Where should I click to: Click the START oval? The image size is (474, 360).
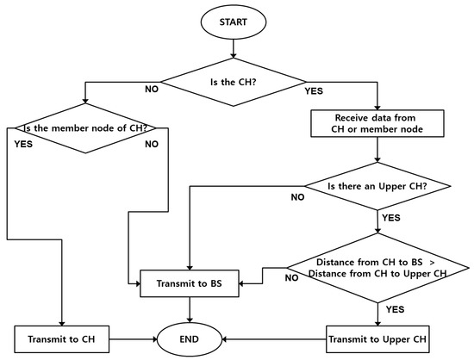pyautogui.click(x=232, y=22)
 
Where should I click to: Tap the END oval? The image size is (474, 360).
pyautogui.click(x=189, y=338)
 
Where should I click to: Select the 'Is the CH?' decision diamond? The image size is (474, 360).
pyautogui.click(x=232, y=83)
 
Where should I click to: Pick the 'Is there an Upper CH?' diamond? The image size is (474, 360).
pyautogui.click(x=377, y=186)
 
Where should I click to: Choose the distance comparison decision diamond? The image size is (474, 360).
pyautogui.click(x=377, y=267)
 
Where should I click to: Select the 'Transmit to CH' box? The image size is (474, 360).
pyautogui.click(x=62, y=338)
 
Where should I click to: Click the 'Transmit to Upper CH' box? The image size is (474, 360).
pyautogui.click(x=377, y=338)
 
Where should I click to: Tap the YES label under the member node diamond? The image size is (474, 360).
pyautogui.click(x=23, y=145)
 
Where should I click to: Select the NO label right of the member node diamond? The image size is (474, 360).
pyautogui.click(x=152, y=145)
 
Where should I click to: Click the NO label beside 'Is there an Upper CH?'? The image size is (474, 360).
pyautogui.click(x=298, y=197)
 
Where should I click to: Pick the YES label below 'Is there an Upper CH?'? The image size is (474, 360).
pyautogui.click(x=390, y=218)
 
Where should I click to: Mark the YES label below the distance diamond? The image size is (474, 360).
pyautogui.click(x=395, y=307)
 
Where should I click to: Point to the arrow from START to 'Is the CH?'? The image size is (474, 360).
pyautogui.click(x=232, y=48)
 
